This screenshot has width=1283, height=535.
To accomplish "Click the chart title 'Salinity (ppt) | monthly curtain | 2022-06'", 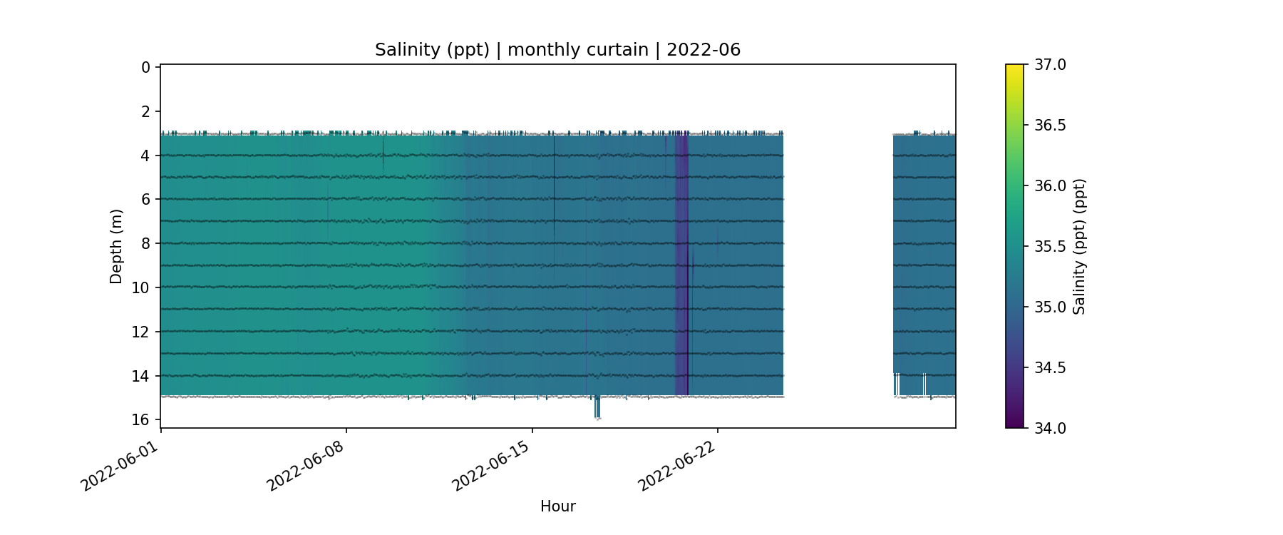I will point(557,50).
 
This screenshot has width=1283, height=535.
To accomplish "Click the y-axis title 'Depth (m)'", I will point(116,246).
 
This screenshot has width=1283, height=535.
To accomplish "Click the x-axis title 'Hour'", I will point(557,506).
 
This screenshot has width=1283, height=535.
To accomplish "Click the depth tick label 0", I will point(146,68).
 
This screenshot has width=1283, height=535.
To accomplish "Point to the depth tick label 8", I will point(146,243).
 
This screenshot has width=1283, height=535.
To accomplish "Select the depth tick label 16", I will point(141,419).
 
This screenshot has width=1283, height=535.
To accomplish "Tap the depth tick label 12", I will point(141,332).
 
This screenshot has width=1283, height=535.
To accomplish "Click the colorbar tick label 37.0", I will point(1050,65).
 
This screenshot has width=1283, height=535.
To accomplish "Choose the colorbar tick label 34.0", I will point(1050,428).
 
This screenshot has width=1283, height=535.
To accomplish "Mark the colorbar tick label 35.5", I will point(1050,247).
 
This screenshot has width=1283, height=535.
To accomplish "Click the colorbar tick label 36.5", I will point(1050,126).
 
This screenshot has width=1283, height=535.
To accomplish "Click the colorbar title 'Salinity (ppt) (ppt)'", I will point(1079,246).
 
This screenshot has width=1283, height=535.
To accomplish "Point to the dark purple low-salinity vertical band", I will point(682,264).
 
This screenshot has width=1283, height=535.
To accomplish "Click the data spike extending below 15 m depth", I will point(597,408).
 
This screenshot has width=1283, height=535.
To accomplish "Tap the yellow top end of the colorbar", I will point(1014,68).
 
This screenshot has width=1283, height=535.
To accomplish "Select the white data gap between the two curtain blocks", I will point(838,264).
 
